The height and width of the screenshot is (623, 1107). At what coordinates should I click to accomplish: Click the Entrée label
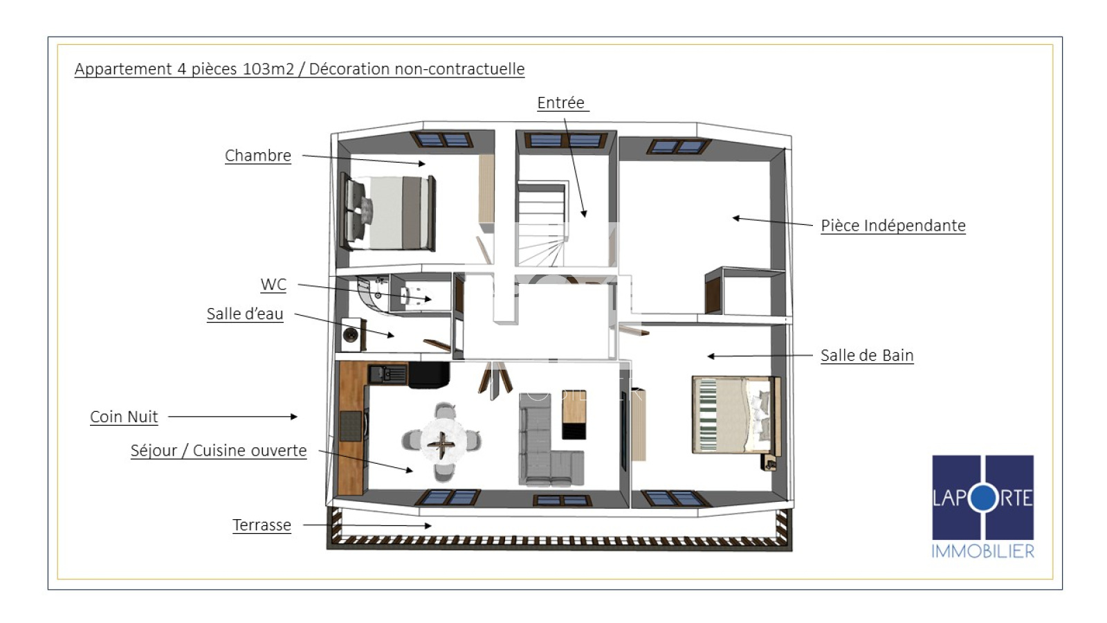click(x=561, y=102)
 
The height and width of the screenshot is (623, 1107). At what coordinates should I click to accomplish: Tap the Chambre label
click(x=258, y=155)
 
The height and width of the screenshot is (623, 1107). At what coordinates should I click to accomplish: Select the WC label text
click(x=273, y=285)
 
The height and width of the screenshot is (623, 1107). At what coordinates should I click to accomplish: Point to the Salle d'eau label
click(x=245, y=314)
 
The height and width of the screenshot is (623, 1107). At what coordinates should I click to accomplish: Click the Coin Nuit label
click(x=124, y=417)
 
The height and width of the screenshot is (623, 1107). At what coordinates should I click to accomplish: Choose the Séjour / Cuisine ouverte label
click(x=219, y=451)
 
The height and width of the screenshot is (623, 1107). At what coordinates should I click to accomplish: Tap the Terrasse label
click(x=262, y=525)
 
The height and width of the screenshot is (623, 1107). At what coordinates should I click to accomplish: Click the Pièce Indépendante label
click(x=893, y=226)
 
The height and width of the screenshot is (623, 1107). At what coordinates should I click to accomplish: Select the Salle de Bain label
click(x=867, y=355)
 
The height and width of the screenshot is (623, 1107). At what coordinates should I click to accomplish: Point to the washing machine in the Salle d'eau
click(x=351, y=335)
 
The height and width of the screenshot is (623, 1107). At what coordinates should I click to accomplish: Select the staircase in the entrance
click(x=540, y=224)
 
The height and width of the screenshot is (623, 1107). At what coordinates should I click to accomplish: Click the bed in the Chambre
click(x=390, y=212)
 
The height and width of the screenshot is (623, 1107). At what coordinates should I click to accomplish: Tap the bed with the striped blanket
click(x=735, y=415)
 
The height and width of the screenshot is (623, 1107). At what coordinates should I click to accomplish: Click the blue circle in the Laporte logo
click(x=983, y=498)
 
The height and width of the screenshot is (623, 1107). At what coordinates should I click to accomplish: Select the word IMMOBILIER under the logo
click(x=983, y=551)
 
